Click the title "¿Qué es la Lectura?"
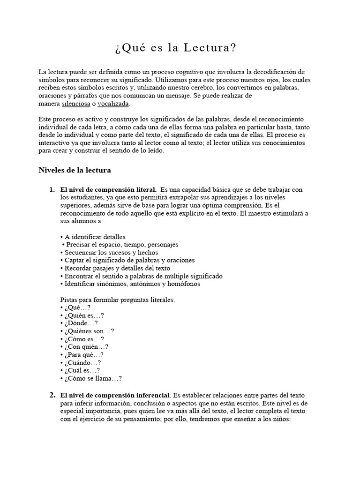pyautogui.click(x=175, y=48)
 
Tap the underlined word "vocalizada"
pyautogui.click(x=113, y=104)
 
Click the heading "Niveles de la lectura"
pyautogui.click(x=75, y=171)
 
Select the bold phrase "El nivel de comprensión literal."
pyautogui.click(x=109, y=190)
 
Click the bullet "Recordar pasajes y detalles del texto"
pyautogui.click(x=117, y=268)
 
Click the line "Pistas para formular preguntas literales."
pyautogui.click(x=118, y=300)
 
